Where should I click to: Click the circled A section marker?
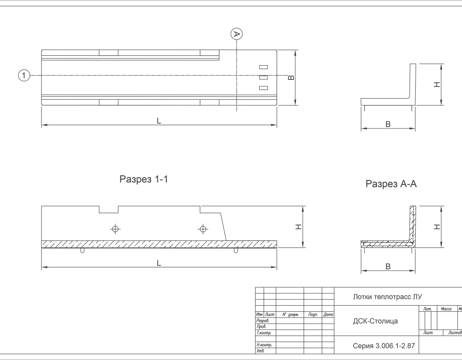click(236, 34)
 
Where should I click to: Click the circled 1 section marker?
click(24, 76)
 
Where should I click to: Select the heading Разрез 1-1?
click(144, 179)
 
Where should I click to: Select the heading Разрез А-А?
click(391, 184)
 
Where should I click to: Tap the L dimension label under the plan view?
click(159, 121)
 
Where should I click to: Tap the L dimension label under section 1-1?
click(159, 263)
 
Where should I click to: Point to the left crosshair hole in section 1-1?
click(115, 229)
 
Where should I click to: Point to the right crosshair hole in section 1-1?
click(203, 229)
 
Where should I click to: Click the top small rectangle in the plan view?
click(264, 67)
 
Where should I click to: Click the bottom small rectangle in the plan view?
click(264, 88)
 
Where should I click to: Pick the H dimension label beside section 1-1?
click(299, 227)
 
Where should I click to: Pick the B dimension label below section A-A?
click(388, 266)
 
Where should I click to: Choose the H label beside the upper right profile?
click(437, 85)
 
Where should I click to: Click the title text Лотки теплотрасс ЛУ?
click(387, 297)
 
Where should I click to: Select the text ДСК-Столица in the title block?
click(376, 321)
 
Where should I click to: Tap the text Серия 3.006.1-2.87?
click(384, 346)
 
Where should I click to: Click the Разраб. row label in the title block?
click(263, 321)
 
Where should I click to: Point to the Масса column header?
click(446, 309)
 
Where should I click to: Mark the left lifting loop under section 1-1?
click(83, 250)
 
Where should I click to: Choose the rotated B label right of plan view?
click(291, 77)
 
